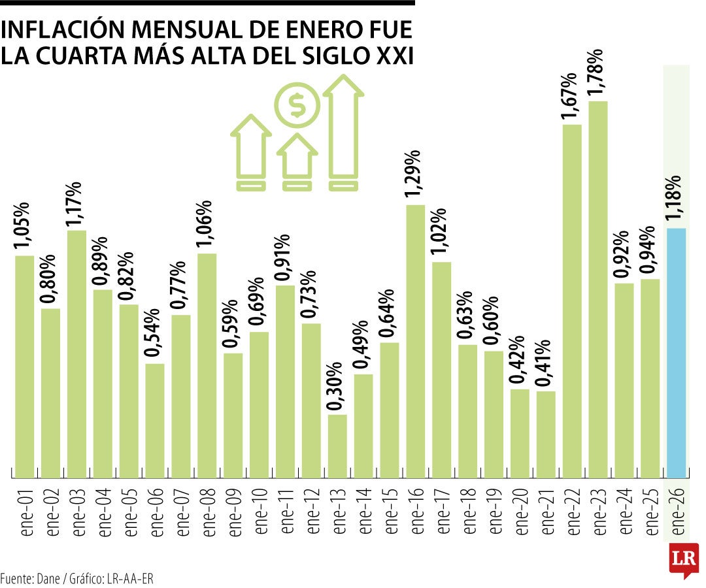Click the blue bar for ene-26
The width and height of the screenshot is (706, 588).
point(676,353)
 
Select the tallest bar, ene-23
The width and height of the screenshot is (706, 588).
point(598,287)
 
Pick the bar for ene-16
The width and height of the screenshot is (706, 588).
point(416,340)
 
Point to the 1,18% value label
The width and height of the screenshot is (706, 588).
point(676,199)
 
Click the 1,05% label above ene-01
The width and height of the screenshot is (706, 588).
point(24,226)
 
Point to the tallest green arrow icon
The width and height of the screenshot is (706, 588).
point(343,131)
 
